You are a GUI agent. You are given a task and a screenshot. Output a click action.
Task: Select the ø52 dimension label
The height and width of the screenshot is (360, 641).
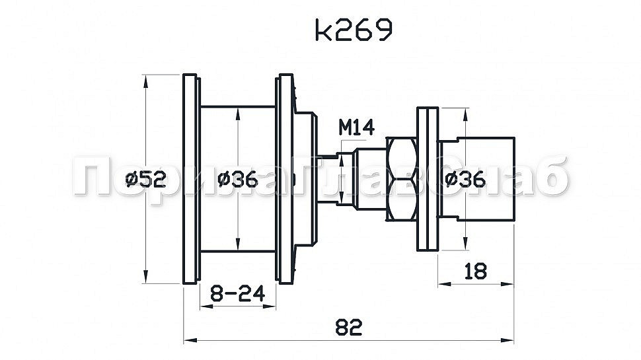click(145, 179)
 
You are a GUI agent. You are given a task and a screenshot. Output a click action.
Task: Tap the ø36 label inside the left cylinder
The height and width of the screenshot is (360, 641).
click(236, 179)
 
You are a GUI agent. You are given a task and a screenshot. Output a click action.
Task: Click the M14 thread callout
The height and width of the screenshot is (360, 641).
click(356, 127)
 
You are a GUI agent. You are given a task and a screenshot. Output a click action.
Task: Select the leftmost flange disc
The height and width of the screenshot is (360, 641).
click(190, 179)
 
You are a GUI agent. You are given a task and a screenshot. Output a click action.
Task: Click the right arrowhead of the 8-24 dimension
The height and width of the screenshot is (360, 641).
click(272, 305)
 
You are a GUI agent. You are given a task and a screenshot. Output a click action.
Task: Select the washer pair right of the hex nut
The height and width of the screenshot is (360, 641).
click(427, 179)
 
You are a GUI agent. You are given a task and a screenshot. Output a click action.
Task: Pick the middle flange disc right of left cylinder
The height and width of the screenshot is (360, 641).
click(286, 179)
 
